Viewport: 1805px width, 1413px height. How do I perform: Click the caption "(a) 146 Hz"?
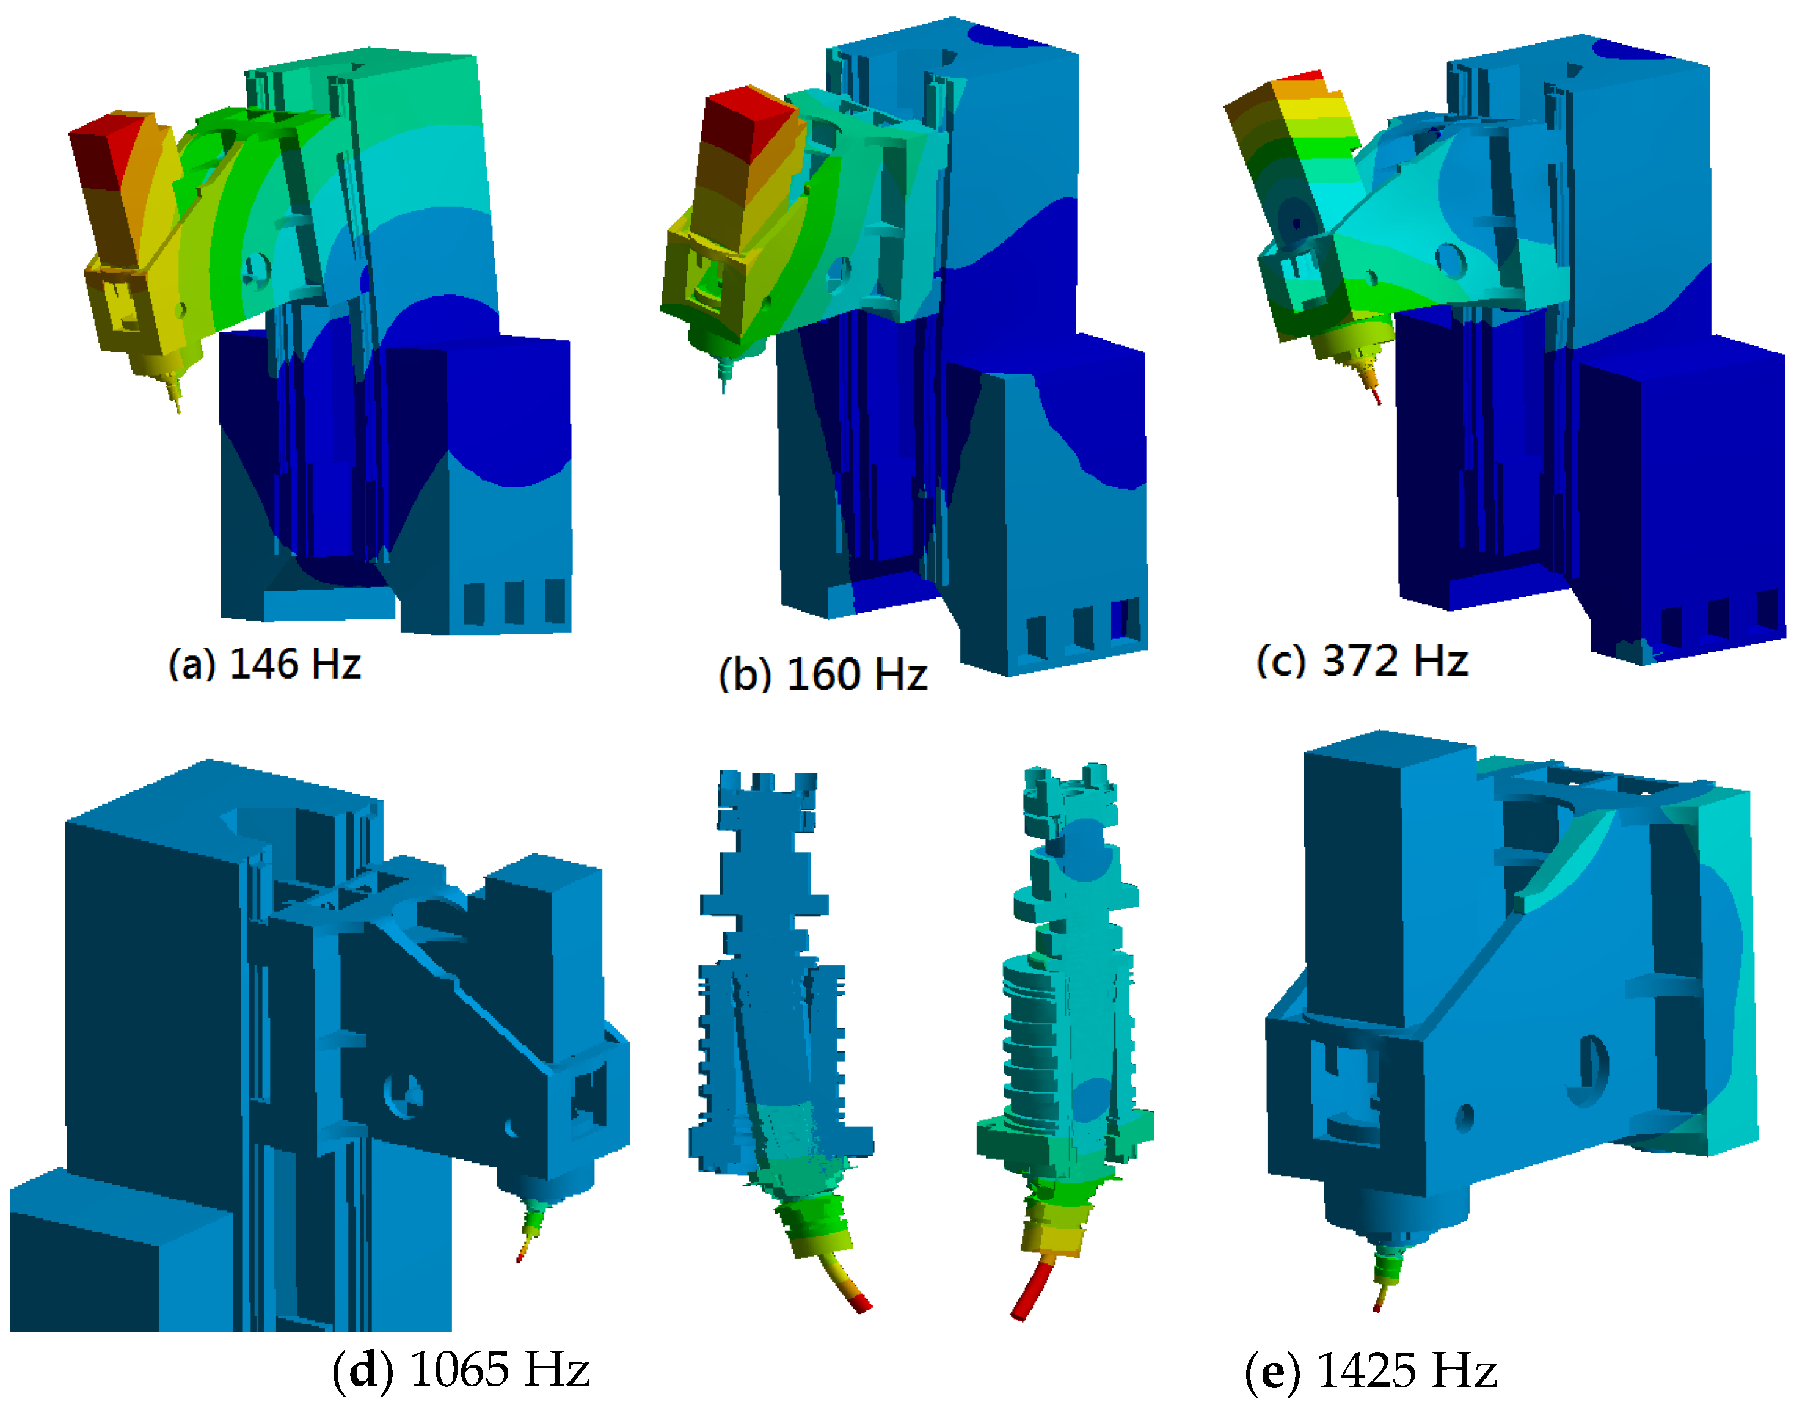click(x=264, y=664)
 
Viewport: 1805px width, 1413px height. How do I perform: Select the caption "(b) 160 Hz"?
click(x=823, y=674)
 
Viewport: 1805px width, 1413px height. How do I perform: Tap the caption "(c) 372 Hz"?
click(x=1362, y=661)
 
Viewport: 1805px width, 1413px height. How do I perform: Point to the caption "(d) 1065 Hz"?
click(x=461, y=1369)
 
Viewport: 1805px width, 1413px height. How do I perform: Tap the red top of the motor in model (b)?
click(x=749, y=124)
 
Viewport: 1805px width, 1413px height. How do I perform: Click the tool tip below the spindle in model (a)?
click(x=177, y=403)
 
